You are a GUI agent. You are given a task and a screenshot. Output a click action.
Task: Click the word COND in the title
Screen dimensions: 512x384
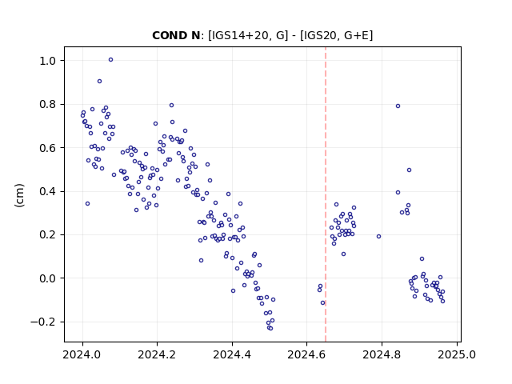click(168, 35)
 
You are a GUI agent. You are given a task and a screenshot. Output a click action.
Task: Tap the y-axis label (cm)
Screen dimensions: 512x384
click(19, 195)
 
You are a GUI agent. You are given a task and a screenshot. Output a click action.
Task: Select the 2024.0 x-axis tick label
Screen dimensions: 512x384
click(82, 354)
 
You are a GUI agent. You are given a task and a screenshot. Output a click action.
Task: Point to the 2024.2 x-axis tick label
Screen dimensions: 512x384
click(157, 354)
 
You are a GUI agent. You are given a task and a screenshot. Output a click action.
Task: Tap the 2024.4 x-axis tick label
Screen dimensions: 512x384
click(232, 354)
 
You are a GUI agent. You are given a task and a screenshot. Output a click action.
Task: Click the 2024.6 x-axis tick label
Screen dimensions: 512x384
click(306, 354)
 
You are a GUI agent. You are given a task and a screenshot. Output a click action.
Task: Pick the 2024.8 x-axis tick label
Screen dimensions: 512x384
click(382, 354)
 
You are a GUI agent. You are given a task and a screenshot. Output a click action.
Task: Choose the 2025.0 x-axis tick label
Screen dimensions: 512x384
click(457, 354)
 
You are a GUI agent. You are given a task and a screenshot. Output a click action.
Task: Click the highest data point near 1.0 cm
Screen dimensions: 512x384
click(110, 60)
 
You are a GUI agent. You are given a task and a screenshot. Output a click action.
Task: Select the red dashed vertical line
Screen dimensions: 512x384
click(326, 194)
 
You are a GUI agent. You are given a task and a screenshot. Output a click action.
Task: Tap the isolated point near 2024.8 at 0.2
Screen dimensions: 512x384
click(378, 237)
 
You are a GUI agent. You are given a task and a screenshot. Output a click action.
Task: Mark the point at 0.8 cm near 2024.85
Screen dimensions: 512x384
click(398, 106)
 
